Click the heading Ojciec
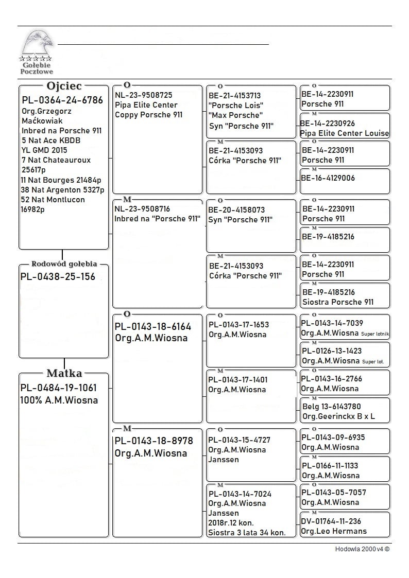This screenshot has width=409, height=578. [64, 86]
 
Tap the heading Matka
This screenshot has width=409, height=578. [64, 373]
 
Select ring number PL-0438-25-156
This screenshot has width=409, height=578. [58, 277]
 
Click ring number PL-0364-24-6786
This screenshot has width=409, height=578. [62, 100]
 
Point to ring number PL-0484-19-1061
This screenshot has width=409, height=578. [58, 388]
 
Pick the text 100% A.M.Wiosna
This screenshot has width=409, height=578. [59, 400]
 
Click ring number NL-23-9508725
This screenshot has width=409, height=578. [143, 95]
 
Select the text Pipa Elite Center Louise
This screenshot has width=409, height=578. [345, 133]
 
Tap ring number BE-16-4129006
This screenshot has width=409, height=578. [328, 178]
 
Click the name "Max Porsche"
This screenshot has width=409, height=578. [236, 115]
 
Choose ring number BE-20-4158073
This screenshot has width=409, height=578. [236, 210]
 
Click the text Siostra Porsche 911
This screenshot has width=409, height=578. [338, 302]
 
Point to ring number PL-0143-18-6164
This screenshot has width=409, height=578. [152, 327]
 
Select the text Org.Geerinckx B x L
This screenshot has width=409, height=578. [338, 416]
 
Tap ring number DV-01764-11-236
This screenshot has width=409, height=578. [331, 521]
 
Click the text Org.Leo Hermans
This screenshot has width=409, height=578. [334, 531]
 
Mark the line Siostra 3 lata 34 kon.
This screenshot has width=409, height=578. [247, 533]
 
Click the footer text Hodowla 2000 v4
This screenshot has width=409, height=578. [362, 549]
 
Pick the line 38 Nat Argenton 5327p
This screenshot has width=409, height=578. [62, 190]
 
